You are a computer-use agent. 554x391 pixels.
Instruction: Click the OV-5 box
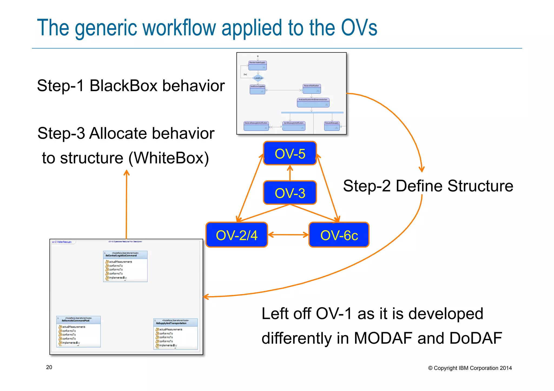290,153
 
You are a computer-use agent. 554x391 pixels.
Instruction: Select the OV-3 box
290,193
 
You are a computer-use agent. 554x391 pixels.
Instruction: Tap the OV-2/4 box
236,235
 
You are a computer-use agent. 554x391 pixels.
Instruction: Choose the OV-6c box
339,235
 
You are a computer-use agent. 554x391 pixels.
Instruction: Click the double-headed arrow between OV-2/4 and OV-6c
288,235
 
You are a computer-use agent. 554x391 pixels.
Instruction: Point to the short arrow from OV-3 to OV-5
290,173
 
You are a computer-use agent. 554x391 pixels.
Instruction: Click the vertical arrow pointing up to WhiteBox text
126,205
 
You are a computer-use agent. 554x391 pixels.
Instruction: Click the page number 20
49,367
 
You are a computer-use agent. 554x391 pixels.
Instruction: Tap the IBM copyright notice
470,368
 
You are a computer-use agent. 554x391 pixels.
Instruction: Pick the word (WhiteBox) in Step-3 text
169,158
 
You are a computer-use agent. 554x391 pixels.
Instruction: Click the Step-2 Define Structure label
428,186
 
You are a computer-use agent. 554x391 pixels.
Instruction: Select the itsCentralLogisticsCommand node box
125,266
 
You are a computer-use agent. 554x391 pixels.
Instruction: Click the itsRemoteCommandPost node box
78,332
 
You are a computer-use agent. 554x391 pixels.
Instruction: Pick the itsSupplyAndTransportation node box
175,334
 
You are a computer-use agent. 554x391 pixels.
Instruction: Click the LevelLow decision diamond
258,78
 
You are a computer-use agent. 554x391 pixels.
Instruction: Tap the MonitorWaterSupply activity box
258,65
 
